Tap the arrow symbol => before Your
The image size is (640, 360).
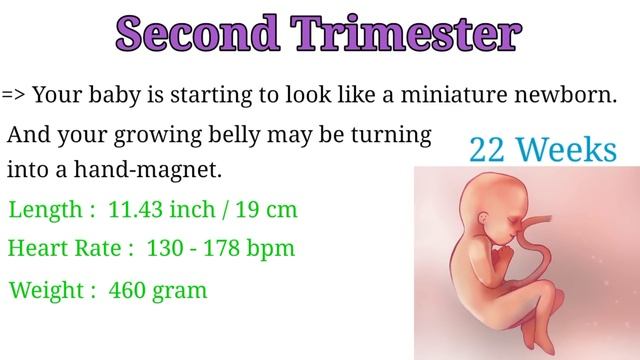[14, 95]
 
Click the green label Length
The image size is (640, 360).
[43, 212]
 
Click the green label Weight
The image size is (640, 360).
[46, 291]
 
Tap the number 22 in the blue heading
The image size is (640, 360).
[486, 151]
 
